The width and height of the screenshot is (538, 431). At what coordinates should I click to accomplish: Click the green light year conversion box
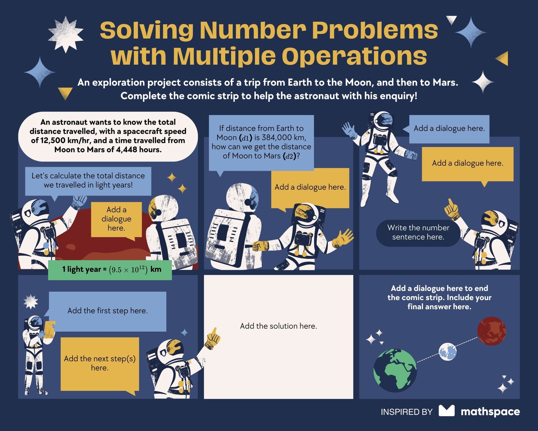click(x=110, y=270)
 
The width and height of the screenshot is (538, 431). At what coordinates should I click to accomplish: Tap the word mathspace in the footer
click(x=490, y=412)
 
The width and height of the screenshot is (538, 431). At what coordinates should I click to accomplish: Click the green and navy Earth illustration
click(x=395, y=370)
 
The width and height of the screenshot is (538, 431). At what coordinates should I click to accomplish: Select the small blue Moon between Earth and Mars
click(x=448, y=352)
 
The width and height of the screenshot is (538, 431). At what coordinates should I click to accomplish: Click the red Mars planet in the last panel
click(x=492, y=331)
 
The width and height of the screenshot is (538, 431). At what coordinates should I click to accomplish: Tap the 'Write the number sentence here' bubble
click(x=418, y=232)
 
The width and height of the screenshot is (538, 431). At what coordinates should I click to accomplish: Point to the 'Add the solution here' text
click(x=278, y=326)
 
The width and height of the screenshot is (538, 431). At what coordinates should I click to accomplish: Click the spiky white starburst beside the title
click(x=66, y=34)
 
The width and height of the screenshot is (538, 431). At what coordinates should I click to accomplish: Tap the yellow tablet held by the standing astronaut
click(x=49, y=329)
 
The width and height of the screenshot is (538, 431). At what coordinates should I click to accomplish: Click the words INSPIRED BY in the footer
click(x=407, y=412)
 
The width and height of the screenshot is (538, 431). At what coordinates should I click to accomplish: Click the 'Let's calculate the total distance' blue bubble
click(x=88, y=181)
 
